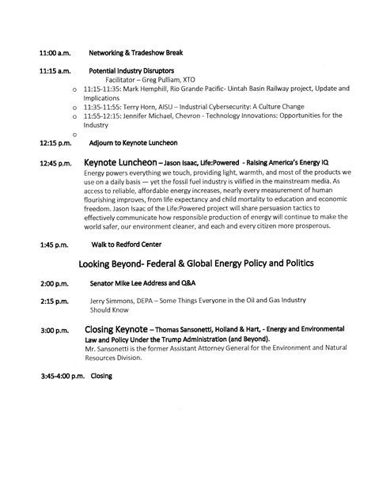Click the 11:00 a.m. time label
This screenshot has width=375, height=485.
pyautogui.click(x=55, y=52)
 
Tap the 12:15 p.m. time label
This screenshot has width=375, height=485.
pyautogui.click(x=55, y=143)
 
